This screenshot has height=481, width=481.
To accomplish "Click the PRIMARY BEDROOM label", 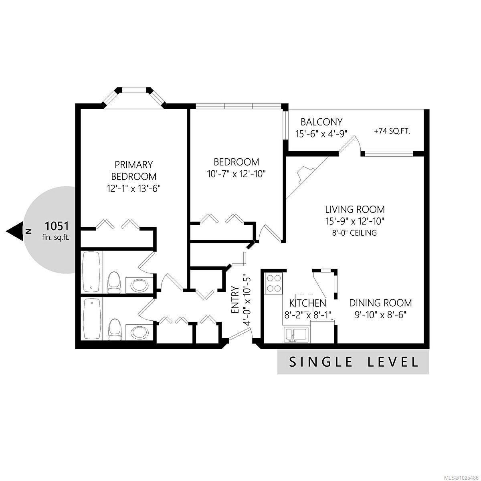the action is pyautogui.click(x=133, y=170).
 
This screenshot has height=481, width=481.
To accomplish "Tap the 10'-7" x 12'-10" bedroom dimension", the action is pyautogui.click(x=236, y=174).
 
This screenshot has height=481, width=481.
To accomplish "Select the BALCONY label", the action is pyautogui.click(x=321, y=122).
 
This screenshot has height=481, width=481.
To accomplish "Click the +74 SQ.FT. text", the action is pyautogui.click(x=392, y=131).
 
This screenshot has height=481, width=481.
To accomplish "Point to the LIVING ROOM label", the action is pyautogui.click(x=355, y=209).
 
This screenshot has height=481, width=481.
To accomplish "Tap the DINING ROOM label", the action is pyautogui.click(x=380, y=303).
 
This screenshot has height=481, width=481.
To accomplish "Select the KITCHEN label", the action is pyautogui.click(x=307, y=303).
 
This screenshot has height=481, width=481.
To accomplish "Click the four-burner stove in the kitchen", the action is pyautogui.click(x=274, y=283).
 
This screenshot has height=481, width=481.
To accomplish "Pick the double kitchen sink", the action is pyautogui.click(x=296, y=335).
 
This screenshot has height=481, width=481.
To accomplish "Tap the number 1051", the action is pyautogui.click(x=57, y=226).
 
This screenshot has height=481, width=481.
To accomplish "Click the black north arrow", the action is pyautogui.click(x=15, y=231).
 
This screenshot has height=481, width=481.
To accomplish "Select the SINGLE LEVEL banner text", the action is pyautogui.click(x=353, y=362).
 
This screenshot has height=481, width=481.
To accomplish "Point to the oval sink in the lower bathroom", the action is pyautogui.click(x=139, y=332).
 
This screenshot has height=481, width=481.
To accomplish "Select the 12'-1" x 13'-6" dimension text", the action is pyautogui.click(x=133, y=188).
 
